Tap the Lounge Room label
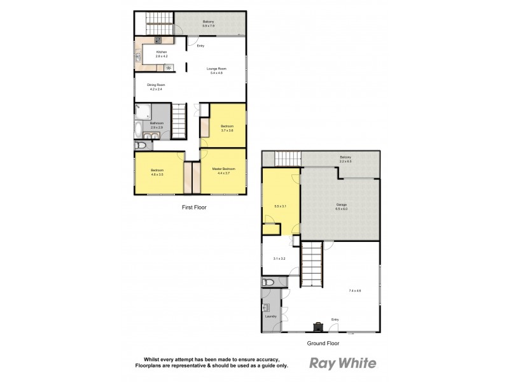pos(216,71)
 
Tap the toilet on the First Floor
pos(141,146)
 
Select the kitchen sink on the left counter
pos(138,58)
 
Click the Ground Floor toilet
pos(268,281)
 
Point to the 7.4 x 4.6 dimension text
pos(354,291)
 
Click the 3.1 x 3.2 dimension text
pos(279,258)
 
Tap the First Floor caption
pos(193,208)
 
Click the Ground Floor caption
pos(323,343)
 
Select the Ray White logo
pos(342,364)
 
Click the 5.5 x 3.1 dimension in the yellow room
pos(281,206)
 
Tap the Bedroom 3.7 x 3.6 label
pos(227,128)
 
